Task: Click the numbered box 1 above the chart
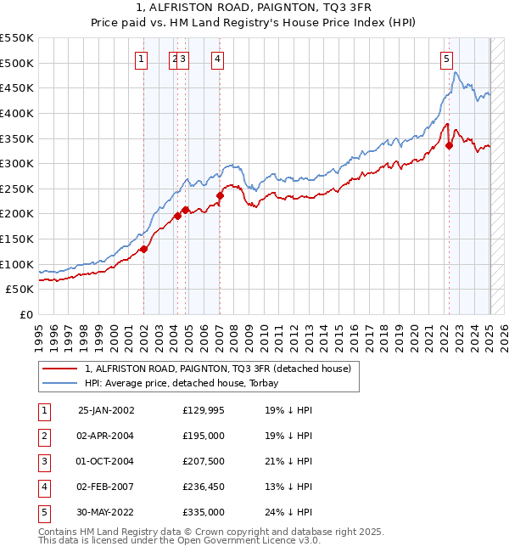tap(140, 59)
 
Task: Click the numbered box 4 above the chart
tap(218, 59)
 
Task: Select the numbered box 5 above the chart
tap(446, 59)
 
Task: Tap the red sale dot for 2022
tap(450, 145)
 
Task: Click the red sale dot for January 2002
tap(144, 249)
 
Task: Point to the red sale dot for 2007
tap(220, 195)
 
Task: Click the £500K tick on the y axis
tap(17, 63)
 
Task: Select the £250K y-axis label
tap(17, 189)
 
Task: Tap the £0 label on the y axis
tap(25, 314)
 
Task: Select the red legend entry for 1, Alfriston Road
tap(223, 369)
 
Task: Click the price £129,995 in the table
tap(204, 410)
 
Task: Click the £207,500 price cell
tap(204, 461)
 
